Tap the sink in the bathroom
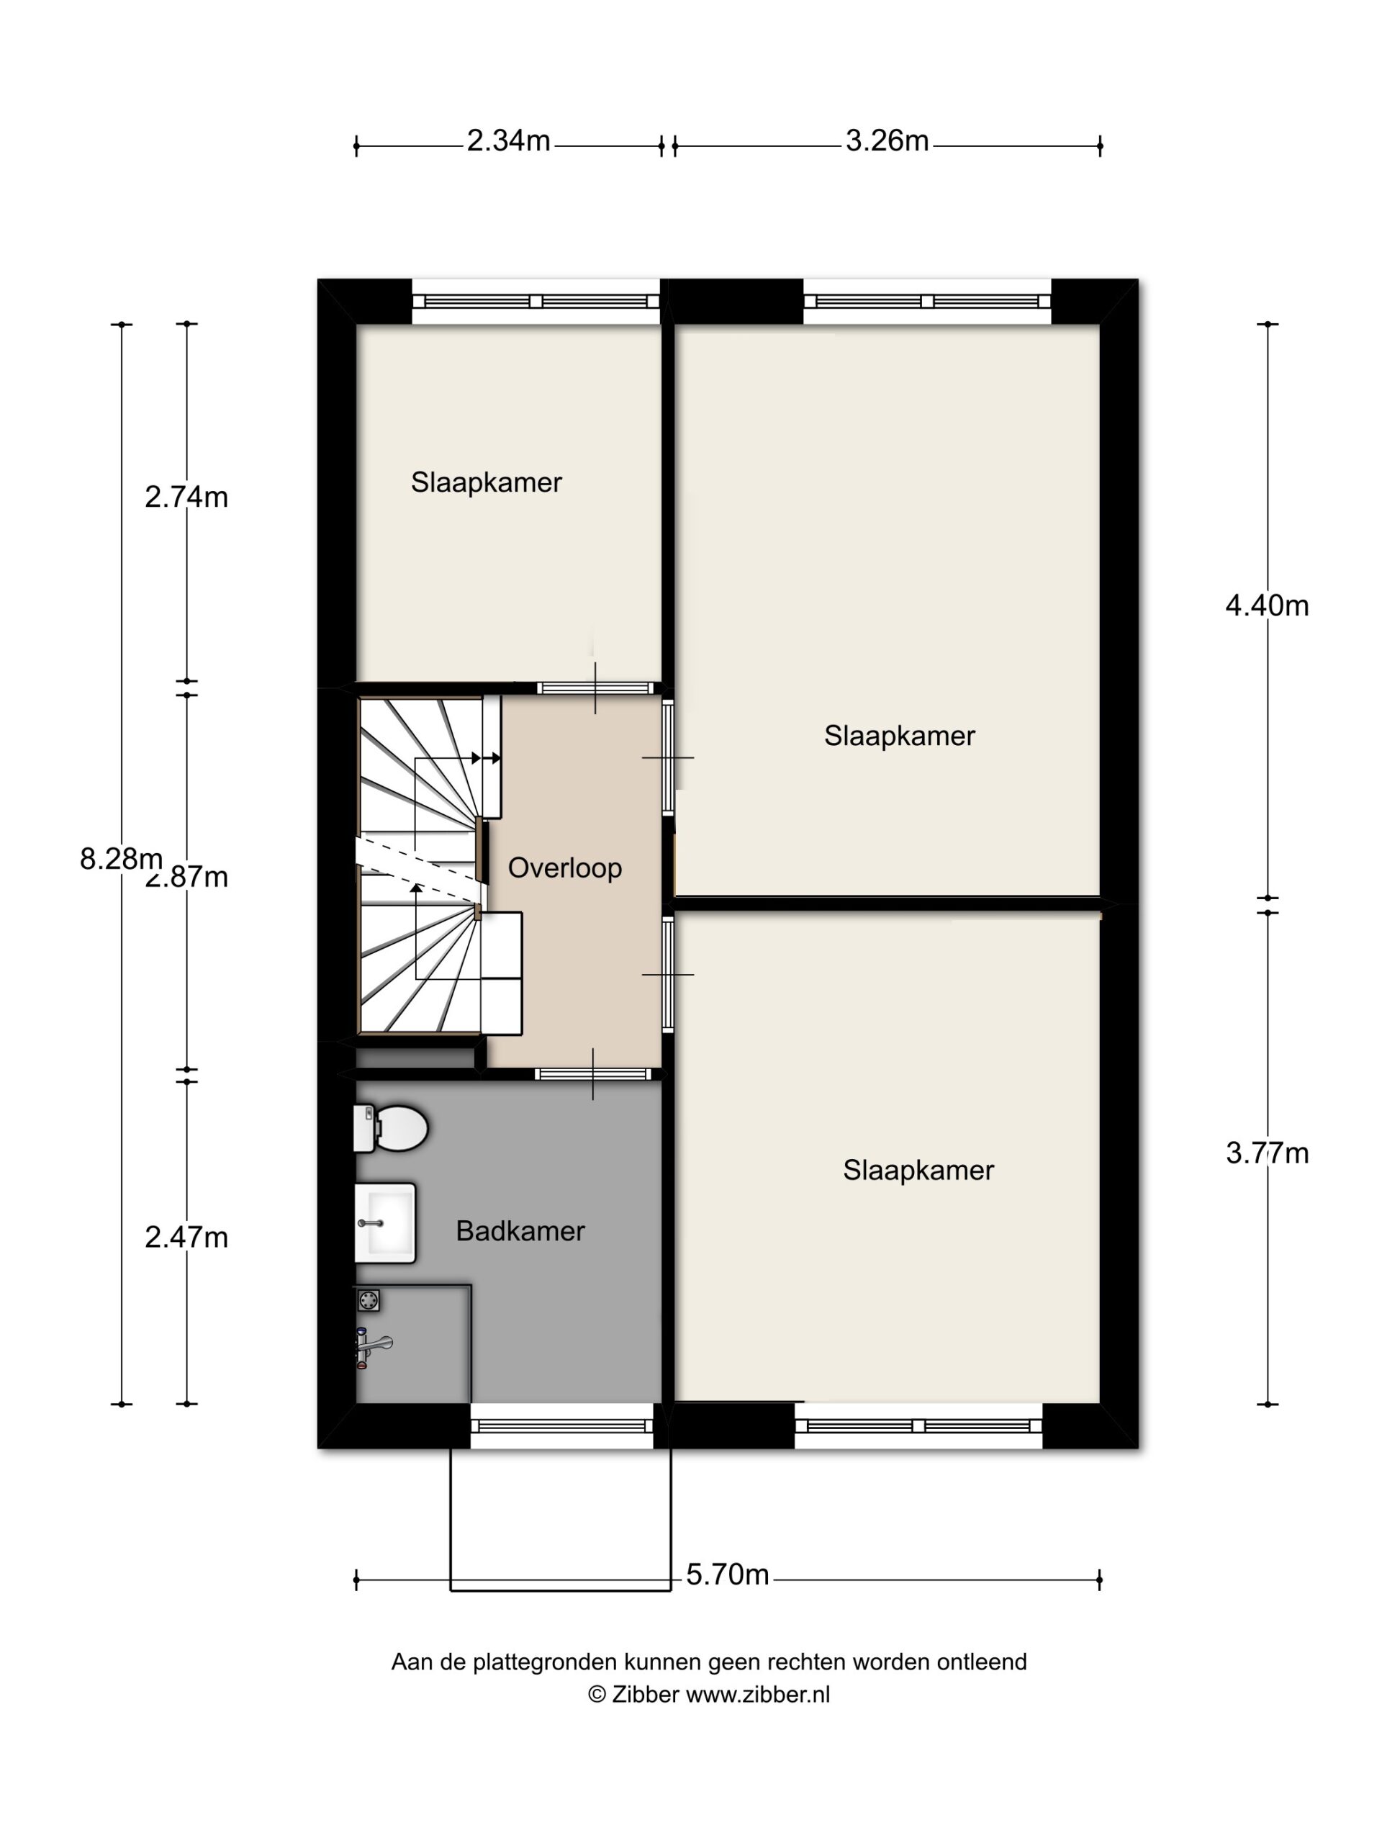(385, 1222)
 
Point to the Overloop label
(565, 868)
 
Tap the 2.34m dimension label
(508, 141)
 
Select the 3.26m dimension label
(888, 141)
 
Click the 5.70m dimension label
(727, 1574)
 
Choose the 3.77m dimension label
(1267, 1153)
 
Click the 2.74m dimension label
(186, 497)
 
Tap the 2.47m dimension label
(186, 1238)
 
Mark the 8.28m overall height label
(121, 858)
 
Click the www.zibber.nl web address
(758, 1695)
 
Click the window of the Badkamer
(562, 1425)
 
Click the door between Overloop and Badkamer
(592, 1074)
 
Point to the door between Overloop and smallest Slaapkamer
(595, 688)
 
